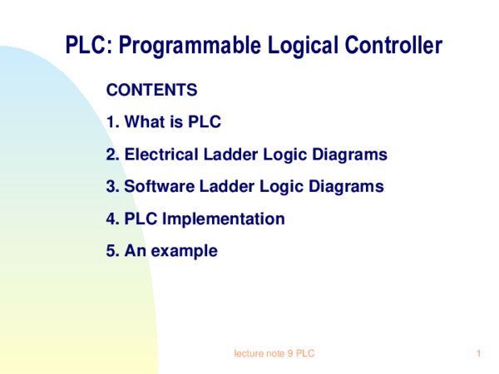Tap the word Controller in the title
pyautogui.click(x=390, y=47)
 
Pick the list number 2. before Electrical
pyautogui.click(x=113, y=155)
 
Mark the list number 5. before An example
pyautogui.click(x=113, y=251)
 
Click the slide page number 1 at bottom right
pyautogui.click(x=480, y=355)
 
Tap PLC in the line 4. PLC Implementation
pyautogui.click(x=141, y=219)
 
